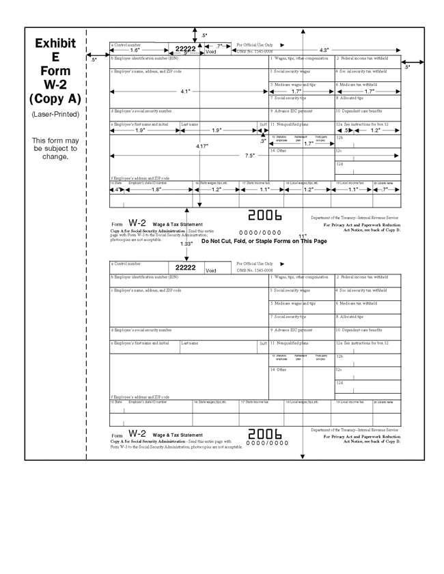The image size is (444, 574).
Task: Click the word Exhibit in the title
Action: [x=55, y=44]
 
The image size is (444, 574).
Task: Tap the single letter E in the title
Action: [x=55, y=57]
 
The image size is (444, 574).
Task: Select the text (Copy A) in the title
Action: [x=55, y=98]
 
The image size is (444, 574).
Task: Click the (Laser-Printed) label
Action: [x=55, y=114]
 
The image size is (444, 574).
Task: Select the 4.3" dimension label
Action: [x=324, y=50]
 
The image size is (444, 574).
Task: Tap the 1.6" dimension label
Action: [x=135, y=51]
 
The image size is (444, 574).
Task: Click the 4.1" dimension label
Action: [x=185, y=91]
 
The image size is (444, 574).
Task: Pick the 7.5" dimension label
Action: [x=250, y=156]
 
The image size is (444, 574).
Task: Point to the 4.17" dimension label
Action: [x=202, y=146]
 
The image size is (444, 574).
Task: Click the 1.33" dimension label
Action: [x=186, y=244]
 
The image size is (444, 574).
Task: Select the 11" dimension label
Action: [x=303, y=235]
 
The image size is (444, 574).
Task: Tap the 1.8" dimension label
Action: [x=156, y=190]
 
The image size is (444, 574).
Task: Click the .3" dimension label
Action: [x=263, y=141]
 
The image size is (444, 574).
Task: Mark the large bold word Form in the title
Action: [x=55, y=71]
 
